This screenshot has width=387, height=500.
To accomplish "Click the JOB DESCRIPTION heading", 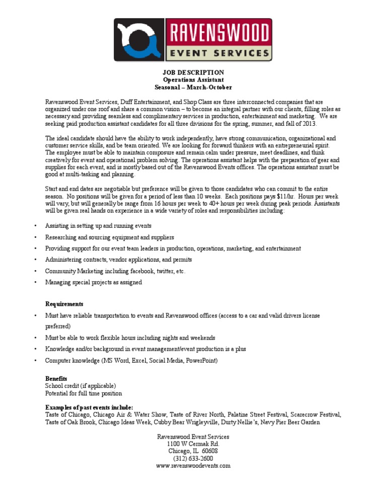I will (193, 73).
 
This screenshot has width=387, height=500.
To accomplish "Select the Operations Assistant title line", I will (193, 80).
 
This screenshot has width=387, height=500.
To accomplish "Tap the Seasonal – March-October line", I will (193, 87).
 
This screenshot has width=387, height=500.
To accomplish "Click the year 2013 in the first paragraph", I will (308, 124).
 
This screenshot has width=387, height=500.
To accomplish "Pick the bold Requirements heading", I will (64, 304).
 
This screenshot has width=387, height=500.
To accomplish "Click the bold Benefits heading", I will (56, 378).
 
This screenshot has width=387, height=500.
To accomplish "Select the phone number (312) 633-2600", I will (193, 458).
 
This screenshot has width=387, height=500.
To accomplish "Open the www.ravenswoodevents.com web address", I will (193, 466).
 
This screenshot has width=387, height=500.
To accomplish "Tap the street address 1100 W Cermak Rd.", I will (193, 444).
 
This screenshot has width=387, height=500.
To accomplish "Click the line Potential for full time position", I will (84, 393).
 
